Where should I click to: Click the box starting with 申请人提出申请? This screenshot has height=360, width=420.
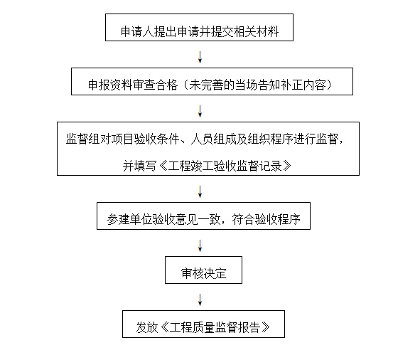(199, 27)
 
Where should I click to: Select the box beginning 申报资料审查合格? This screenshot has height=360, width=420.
(212, 81)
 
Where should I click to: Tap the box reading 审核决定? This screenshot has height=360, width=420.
(203, 270)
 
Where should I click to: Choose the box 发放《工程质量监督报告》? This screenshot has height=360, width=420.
(203, 324)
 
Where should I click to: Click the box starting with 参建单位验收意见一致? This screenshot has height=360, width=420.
(203, 216)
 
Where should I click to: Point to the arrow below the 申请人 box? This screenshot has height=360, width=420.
(200, 57)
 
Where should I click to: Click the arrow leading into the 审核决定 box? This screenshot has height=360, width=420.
(200, 245)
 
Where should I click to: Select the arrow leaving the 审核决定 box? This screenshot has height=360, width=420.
(200, 300)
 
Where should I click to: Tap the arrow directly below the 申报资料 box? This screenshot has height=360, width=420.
(200, 111)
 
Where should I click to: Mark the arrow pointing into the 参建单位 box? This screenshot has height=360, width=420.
(200, 191)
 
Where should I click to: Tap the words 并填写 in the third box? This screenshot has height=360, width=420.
(139, 166)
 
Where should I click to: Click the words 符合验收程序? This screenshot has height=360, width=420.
(266, 220)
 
